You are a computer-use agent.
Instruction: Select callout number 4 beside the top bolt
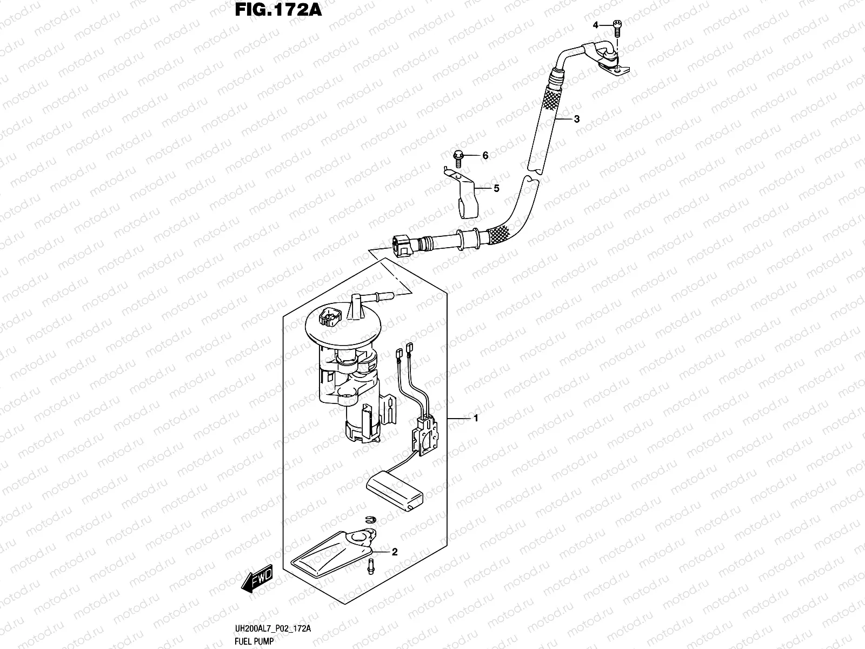coord(595,25)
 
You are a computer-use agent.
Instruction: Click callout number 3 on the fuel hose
coord(577,119)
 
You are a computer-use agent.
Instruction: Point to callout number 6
coord(485,156)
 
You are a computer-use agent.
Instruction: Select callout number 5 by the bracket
coord(495,188)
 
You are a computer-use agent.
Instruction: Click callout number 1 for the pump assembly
coord(476,418)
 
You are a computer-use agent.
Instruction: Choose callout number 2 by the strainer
coord(394,552)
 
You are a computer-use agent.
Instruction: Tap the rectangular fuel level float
coord(394,491)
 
